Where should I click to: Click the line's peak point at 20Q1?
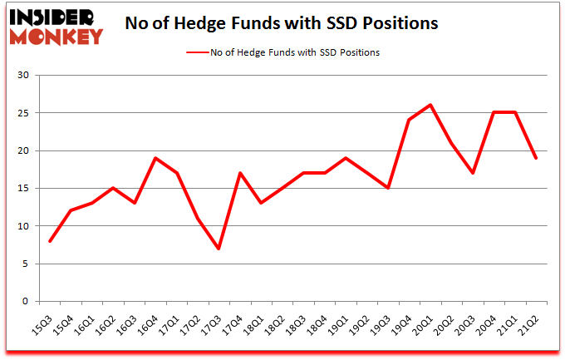430,105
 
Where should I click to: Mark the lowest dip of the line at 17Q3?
219,249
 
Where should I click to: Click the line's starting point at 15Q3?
51,241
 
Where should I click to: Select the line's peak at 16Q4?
155,158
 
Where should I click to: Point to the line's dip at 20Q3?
473,173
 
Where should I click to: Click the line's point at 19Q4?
410,120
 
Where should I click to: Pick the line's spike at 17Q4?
240,173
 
